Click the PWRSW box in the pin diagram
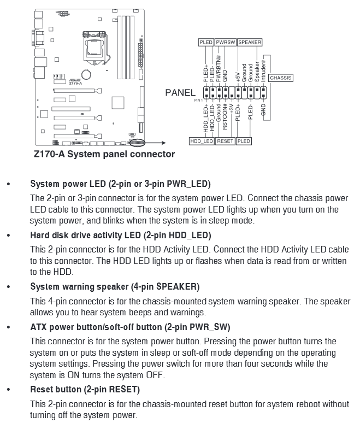click(225, 42)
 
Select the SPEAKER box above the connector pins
click(250, 42)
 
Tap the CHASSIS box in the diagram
click(281, 78)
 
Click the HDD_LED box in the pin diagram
click(202, 141)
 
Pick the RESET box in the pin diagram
click(225, 141)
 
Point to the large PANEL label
click(180, 93)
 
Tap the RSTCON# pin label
click(225, 117)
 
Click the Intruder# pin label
click(264, 72)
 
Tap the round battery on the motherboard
click(86, 72)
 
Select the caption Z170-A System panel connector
click(105, 154)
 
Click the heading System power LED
click(120, 184)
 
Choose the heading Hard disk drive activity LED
click(120, 236)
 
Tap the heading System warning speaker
click(115, 286)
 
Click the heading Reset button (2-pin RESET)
click(85, 390)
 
